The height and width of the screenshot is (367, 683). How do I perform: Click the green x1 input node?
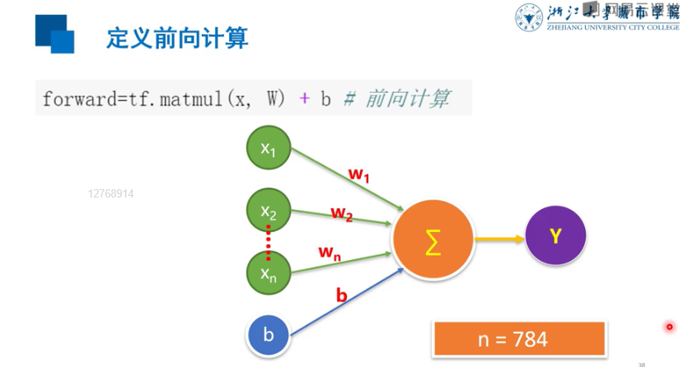269,148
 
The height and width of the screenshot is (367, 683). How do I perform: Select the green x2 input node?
269,211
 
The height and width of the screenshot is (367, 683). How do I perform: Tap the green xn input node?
269,273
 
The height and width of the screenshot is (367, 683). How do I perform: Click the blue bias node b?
269,335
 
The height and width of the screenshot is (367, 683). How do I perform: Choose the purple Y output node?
555,235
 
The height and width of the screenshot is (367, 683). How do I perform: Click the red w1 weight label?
360,174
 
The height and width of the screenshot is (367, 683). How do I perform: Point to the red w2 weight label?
342,213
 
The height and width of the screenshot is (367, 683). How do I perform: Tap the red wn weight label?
330,253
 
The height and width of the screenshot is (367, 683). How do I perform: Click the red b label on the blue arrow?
341,293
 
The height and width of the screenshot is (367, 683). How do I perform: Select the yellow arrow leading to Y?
499,239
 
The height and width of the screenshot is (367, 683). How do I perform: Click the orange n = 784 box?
518,338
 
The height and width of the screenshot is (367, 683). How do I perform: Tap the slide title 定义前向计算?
177,38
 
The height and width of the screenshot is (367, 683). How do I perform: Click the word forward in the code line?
79,99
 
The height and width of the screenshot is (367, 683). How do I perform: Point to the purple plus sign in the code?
304,99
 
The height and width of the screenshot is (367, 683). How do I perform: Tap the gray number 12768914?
110,194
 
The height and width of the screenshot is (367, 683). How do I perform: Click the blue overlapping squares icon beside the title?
54,33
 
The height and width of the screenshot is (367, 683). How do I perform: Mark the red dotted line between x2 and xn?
269,242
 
